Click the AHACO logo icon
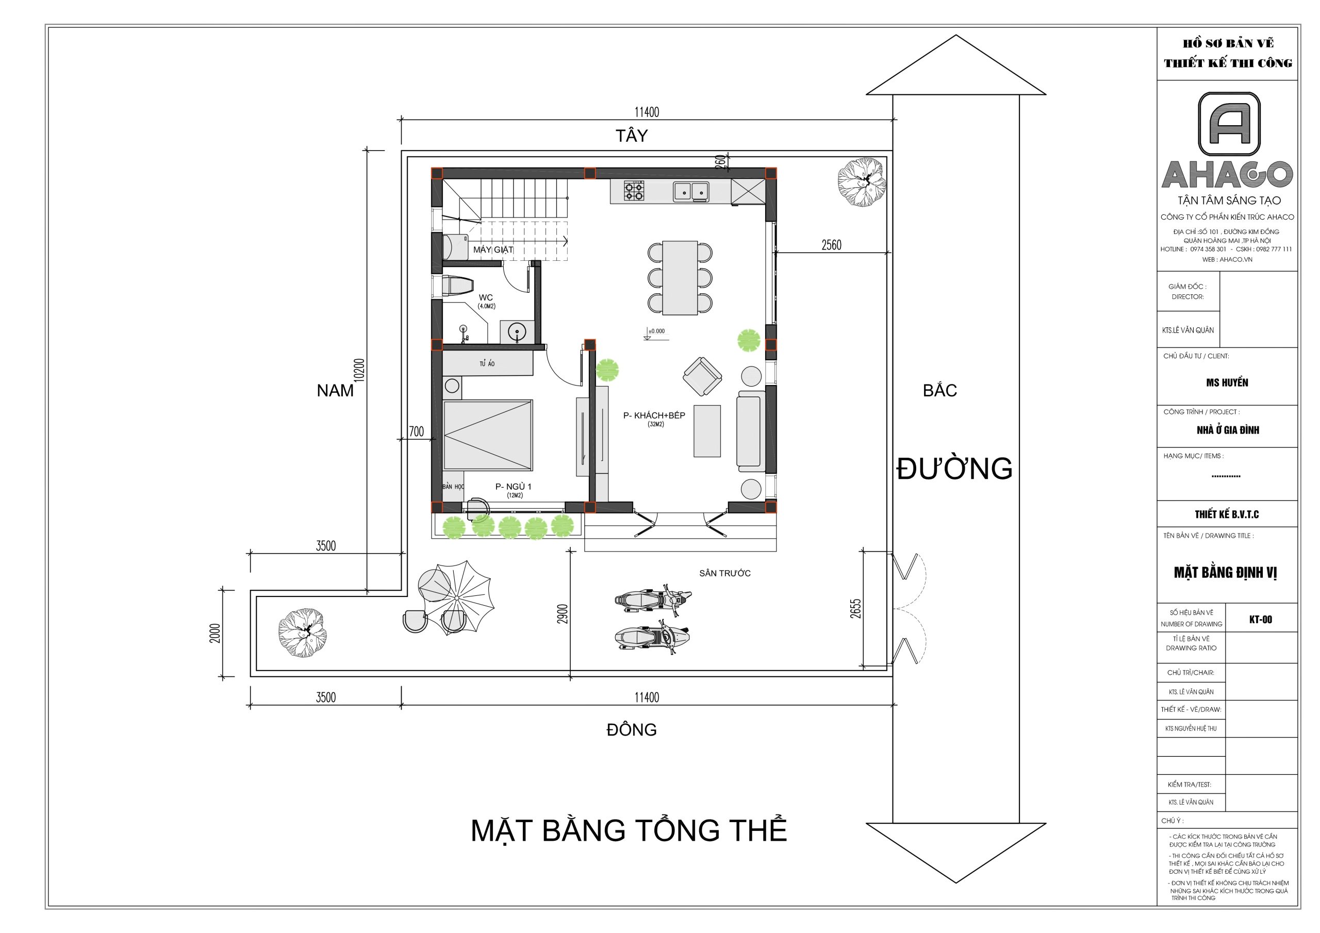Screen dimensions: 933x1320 [1229, 124]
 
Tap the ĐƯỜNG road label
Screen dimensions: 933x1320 [954, 469]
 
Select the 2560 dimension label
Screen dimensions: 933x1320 [831, 245]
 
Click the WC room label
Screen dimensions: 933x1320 [486, 298]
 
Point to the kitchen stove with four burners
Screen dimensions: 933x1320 [634, 190]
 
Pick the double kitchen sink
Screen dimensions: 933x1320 [691, 192]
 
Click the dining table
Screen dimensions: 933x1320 [680, 278]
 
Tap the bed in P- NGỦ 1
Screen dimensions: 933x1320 [488, 435]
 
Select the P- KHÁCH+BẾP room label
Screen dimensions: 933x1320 [654, 415]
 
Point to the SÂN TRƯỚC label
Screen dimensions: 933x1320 [724, 573]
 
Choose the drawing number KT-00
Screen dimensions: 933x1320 [1261, 620]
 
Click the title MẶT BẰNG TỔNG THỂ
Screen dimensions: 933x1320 [629, 830]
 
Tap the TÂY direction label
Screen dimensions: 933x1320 [631, 136]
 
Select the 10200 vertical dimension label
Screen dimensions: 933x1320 [359, 370]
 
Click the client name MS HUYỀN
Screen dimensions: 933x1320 [1227, 383]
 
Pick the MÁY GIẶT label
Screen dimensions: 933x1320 [493, 249]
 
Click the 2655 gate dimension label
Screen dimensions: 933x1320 [855, 609]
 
